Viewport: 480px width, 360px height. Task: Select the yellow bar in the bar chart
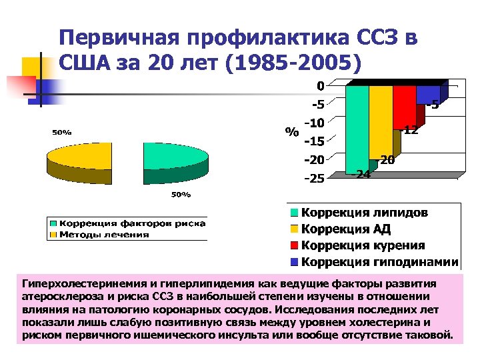[x=381, y=120]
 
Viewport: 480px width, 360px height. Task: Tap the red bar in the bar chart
[x=404, y=107]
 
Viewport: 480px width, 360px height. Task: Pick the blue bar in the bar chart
[x=428, y=95]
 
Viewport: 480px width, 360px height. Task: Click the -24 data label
[x=363, y=175]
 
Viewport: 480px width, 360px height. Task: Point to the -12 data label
[x=410, y=131]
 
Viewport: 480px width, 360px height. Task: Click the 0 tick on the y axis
[x=321, y=86]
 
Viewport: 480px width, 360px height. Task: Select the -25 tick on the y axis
[x=314, y=178]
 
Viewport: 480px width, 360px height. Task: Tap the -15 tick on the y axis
[x=314, y=141]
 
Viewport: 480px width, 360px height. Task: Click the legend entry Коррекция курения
[x=363, y=245]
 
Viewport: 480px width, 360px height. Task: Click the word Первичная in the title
[x=120, y=38]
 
